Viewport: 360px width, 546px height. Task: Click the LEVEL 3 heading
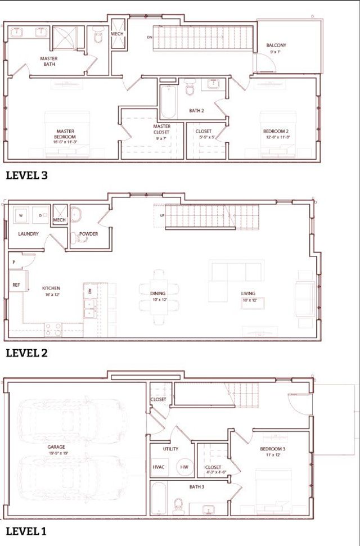[x=26, y=175]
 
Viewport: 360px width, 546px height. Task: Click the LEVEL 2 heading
[x=26, y=353]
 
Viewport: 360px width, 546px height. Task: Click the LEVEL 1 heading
[x=26, y=531]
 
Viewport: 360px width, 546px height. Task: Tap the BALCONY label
[x=276, y=46]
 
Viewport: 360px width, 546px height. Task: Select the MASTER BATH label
[x=49, y=61]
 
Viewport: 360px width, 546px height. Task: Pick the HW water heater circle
[x=184, y=467]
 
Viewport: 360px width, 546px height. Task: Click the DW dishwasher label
[x=89, y=291]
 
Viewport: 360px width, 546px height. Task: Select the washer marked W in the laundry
[x=21, y=215]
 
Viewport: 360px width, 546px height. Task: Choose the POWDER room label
[x=88, y=234]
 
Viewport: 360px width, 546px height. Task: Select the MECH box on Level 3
[x=117, y=34]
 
